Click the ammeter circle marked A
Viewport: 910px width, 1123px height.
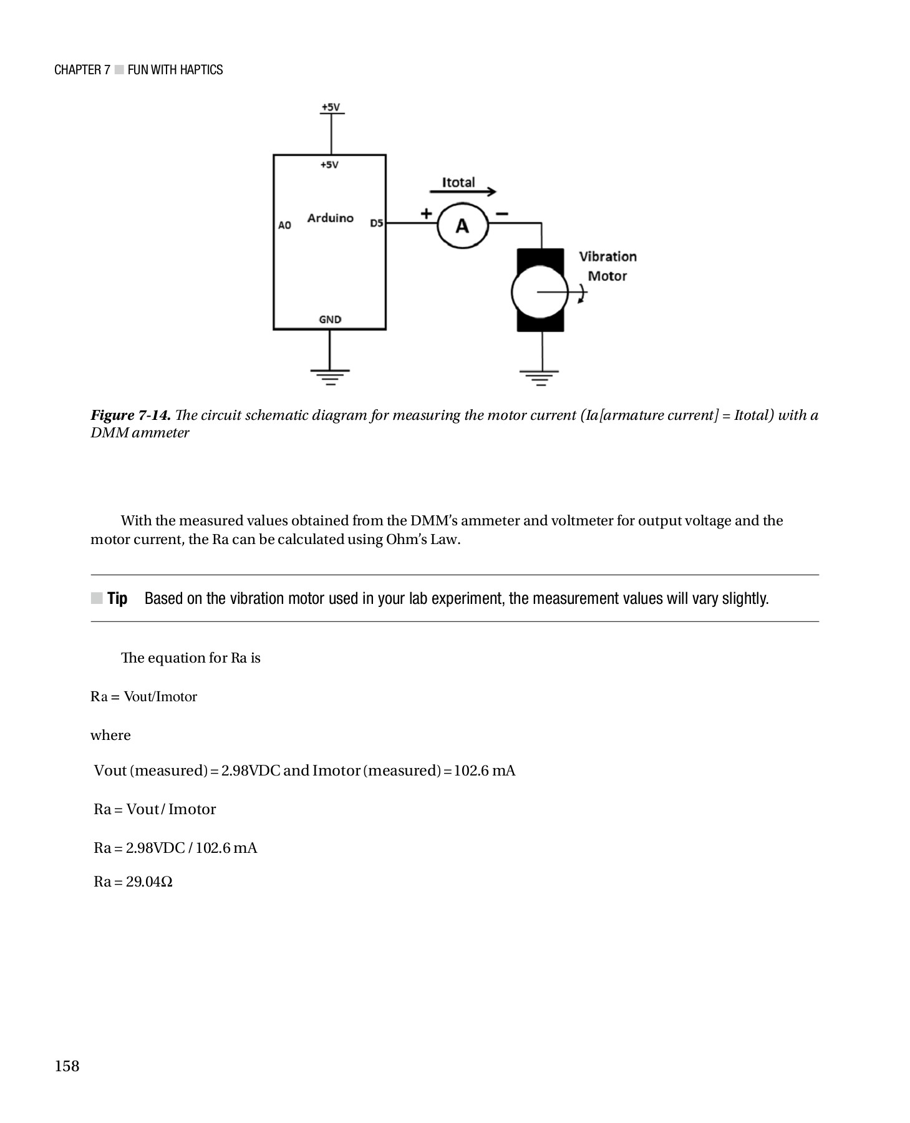[x=462, y=226]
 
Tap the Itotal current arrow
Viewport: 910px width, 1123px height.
[x=463, y=192]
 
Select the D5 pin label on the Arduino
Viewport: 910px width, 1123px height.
[x=376, y=223]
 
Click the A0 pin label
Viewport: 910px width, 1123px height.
[x=284, y=225]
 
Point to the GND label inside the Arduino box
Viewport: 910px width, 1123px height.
[x=330, y=319]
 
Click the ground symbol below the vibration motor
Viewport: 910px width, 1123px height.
[x=540, y=377]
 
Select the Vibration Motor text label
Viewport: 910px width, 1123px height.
[x=607, y=266]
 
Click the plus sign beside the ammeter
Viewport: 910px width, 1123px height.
[x=426, y=213]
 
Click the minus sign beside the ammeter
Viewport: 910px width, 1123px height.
[x=501, y=213]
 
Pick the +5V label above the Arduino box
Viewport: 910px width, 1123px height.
[x=331, y=107]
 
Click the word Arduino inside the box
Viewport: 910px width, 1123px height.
[x=330, y=218]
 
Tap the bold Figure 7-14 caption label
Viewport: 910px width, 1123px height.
[x=130, y=416]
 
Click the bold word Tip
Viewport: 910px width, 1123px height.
[x=117, y=598]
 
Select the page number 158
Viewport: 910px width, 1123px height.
[x=67, y=1066]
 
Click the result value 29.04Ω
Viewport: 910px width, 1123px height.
[x=149, y=882]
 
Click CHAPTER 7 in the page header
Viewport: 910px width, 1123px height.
[x=82, y=70]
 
